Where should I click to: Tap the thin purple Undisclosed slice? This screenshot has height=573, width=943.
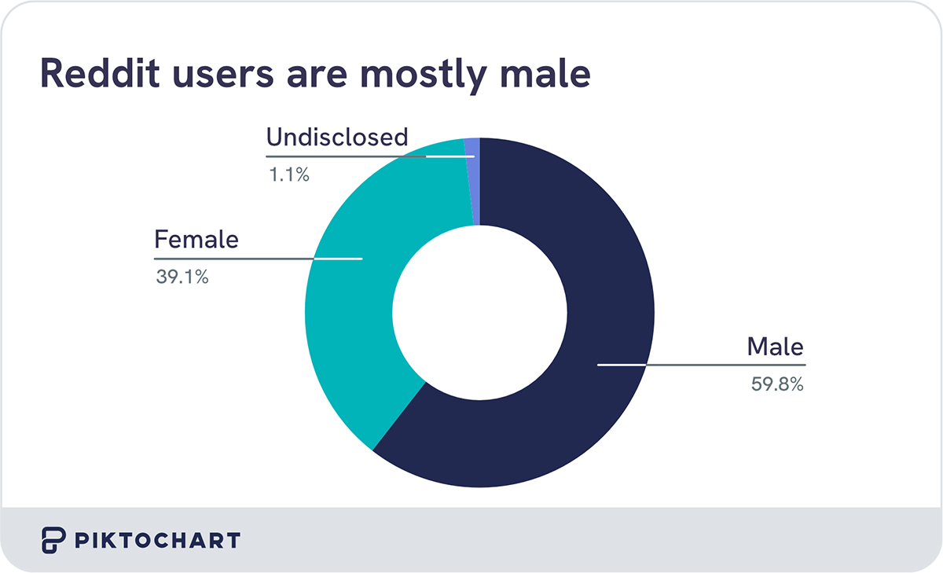pos(472,181)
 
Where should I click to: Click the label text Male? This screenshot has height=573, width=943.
pos(776,346)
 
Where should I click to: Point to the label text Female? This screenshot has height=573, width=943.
pos(196,239)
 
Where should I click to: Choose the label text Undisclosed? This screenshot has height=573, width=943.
pos(337,138)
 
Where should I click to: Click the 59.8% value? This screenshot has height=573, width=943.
pos(776,385)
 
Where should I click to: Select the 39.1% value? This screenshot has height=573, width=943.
pos(182,277)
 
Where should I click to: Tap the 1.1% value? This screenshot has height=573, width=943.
pos(288,175)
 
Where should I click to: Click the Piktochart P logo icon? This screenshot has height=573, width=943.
pos(53,541)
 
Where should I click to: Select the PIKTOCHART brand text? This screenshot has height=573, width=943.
pos(157,541)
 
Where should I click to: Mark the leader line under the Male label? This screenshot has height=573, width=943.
pos(707,365)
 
